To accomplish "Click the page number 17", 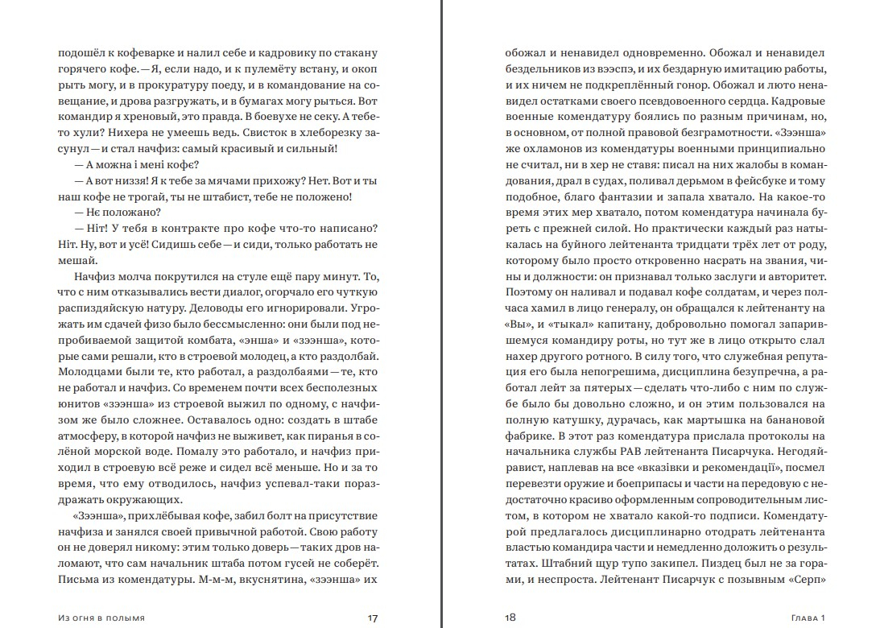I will click(372, 618).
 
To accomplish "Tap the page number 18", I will click(510, 618).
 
